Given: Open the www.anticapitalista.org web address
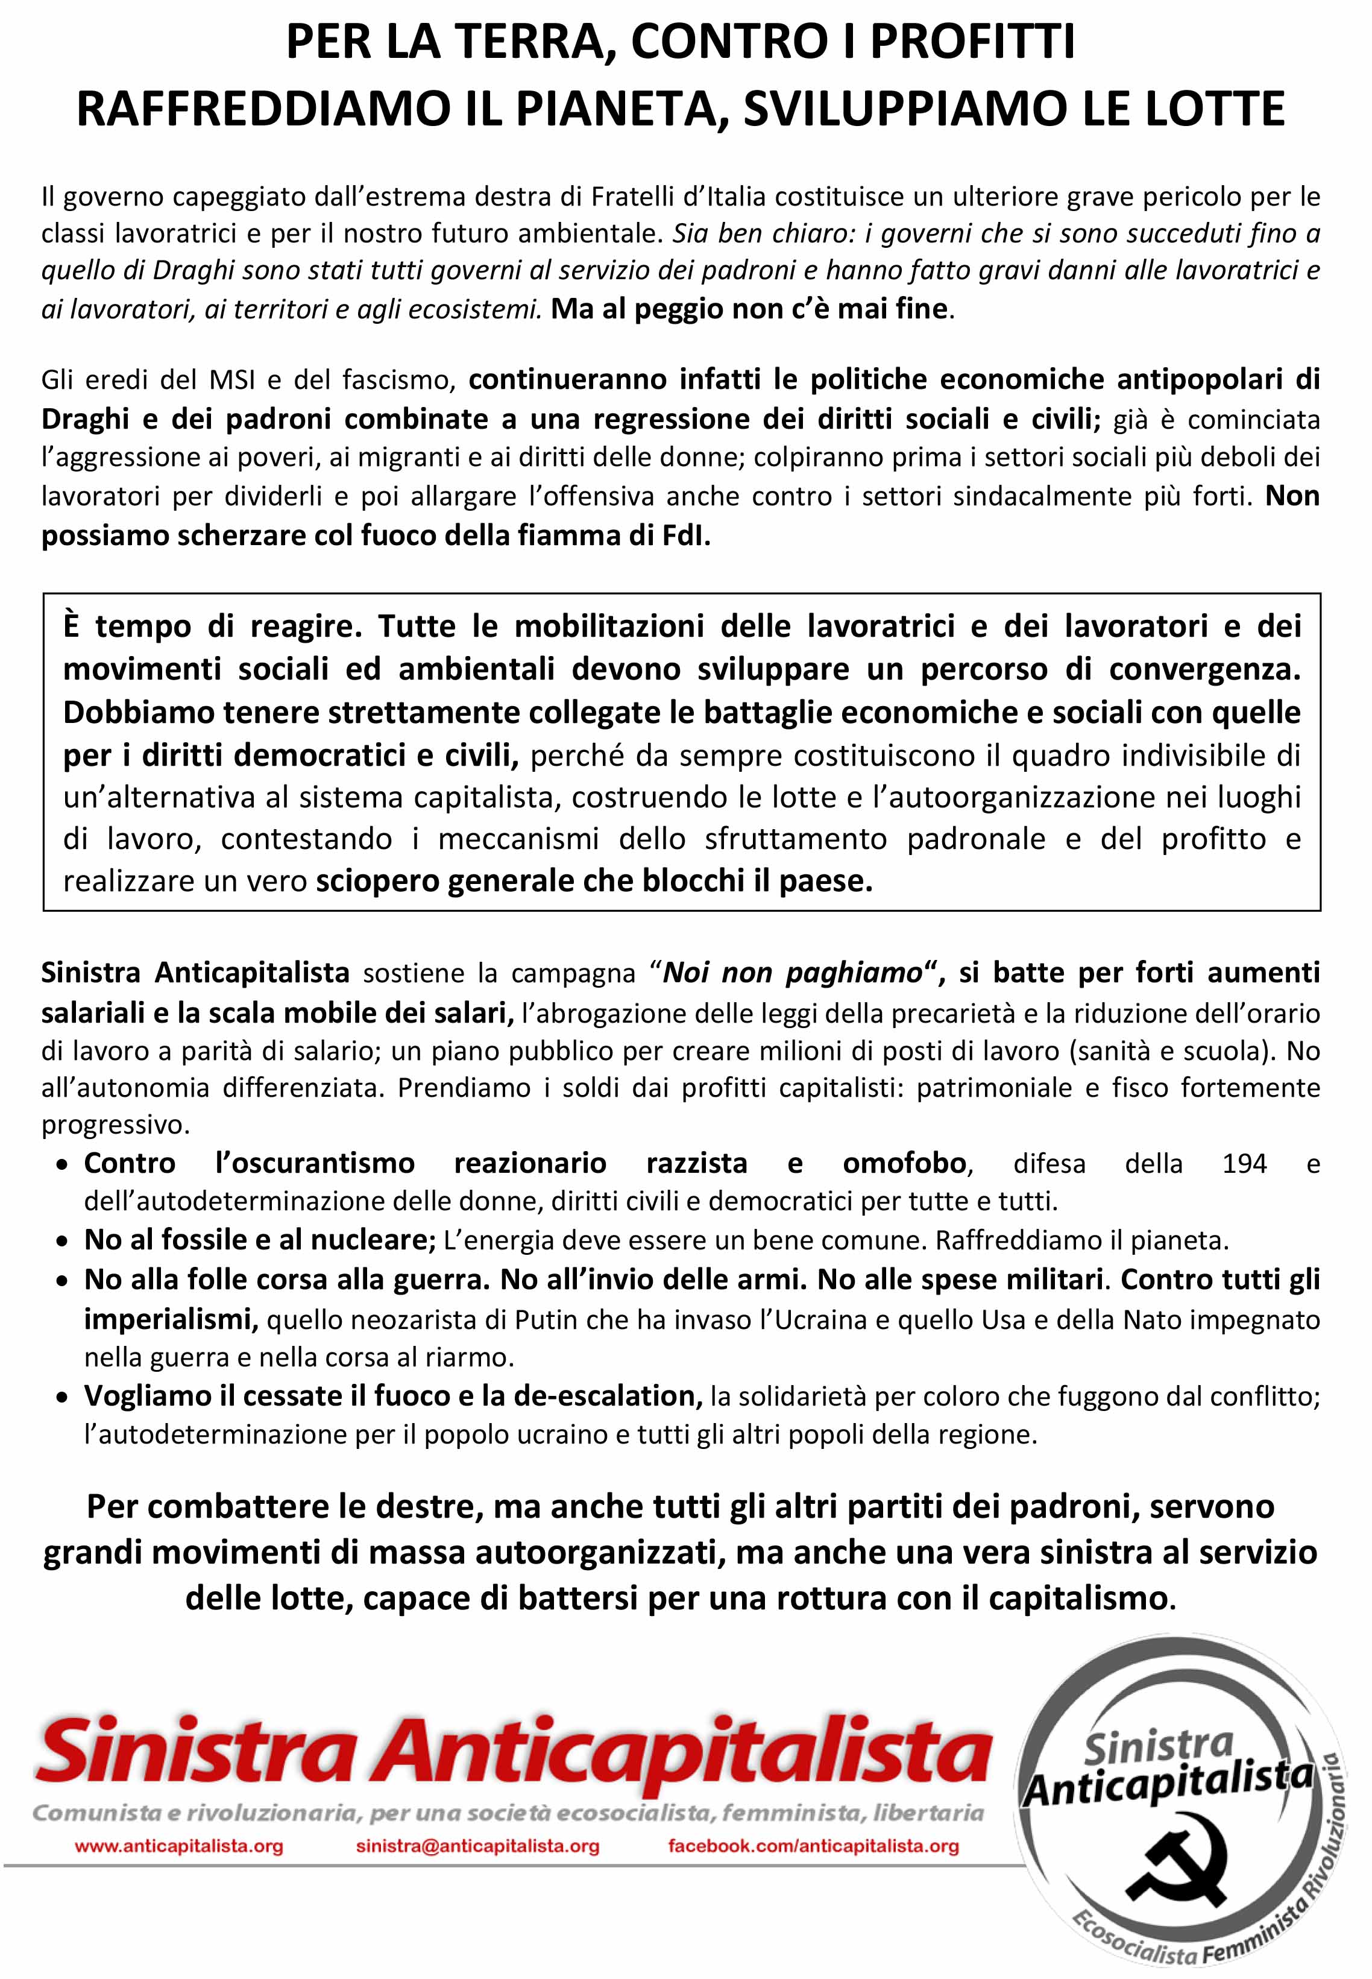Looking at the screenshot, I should pyautogui.click(x=179, y=1846).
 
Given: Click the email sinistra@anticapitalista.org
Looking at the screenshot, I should pyautogui.click(x=477, y=1846).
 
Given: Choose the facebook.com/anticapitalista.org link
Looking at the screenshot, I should pyautogui.click(x=813, y=1846).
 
